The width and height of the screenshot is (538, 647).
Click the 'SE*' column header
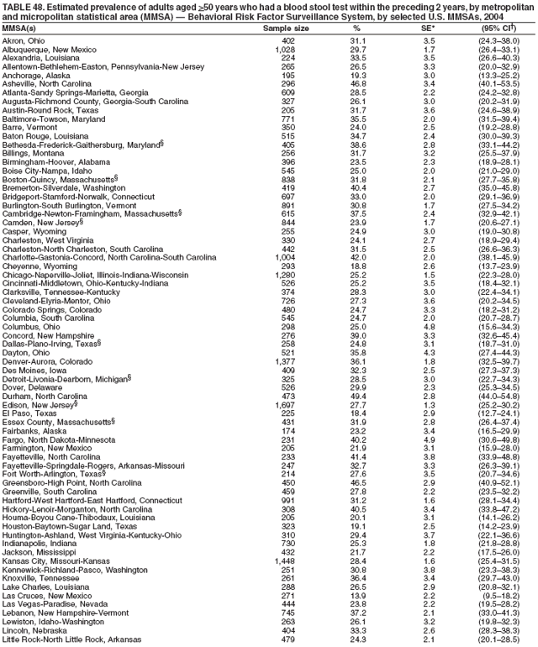(x=428, y=27)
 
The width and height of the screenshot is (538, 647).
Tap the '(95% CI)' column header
(x=499, y=27)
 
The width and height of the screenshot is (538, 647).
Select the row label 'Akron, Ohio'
(x=24, y=39)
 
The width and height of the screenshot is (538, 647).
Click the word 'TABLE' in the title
(x=18, y=7)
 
